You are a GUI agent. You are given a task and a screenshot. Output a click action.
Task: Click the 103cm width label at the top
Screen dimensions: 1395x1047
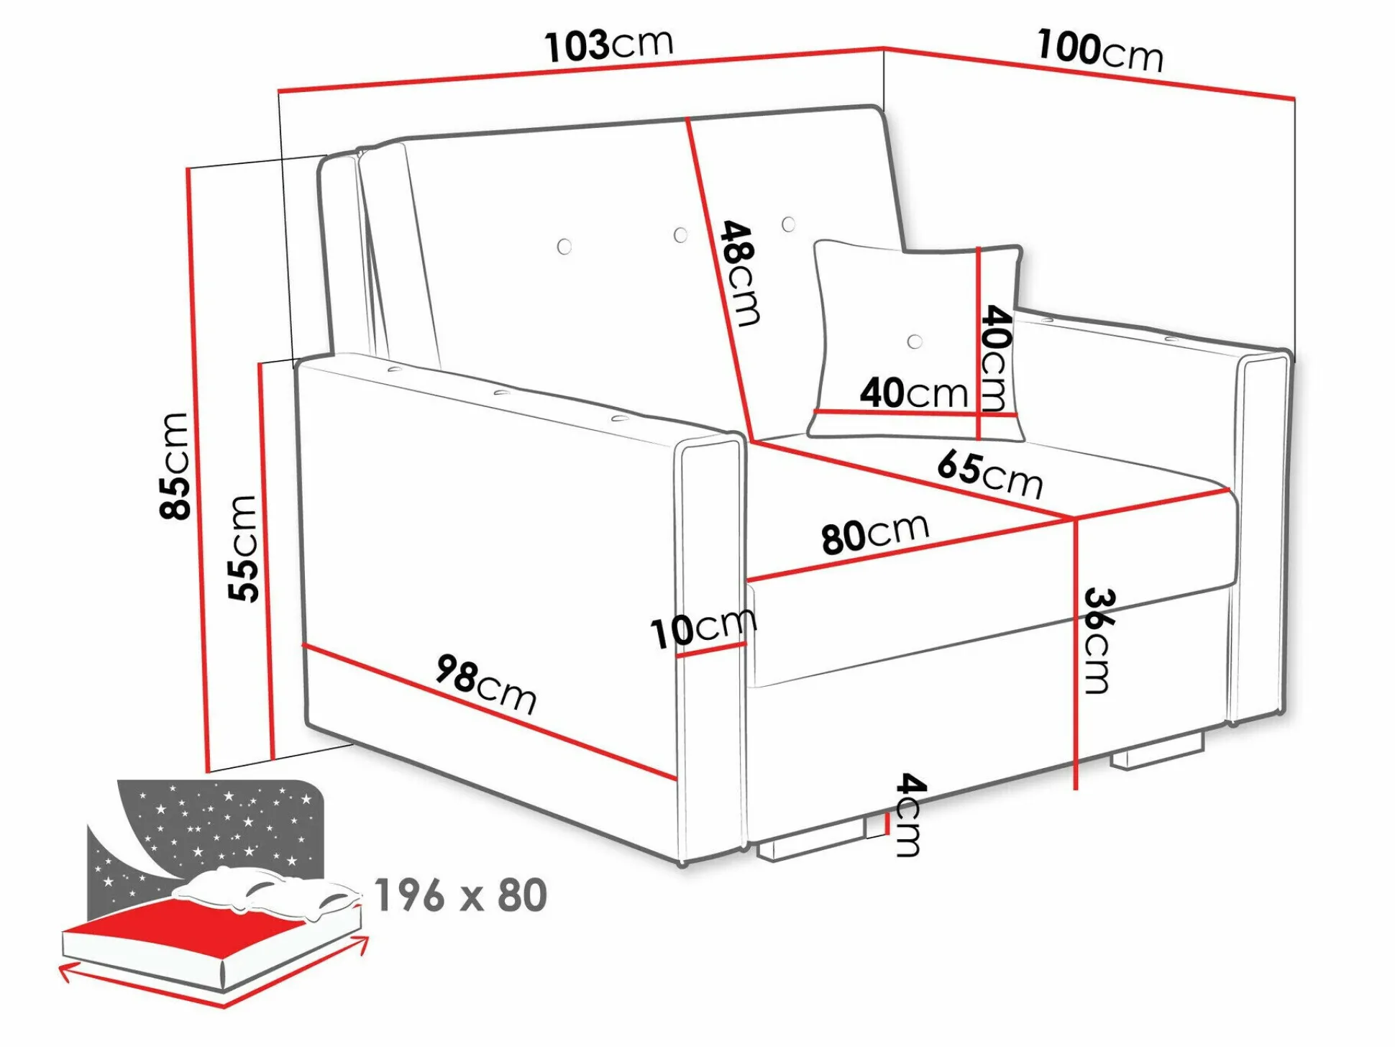tap(609, 45)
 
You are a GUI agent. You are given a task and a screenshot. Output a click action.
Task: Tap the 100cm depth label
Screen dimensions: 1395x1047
tap(1099, 50)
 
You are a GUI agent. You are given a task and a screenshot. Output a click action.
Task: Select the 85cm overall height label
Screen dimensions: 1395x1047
tap(175, 466)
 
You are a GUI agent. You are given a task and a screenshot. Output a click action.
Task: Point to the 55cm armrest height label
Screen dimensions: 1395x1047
tap(242, 548)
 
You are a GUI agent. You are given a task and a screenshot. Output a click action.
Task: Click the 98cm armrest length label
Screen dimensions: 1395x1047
tap(486, 684)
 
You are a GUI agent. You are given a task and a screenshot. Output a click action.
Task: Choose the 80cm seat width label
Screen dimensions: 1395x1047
tap(875, 534)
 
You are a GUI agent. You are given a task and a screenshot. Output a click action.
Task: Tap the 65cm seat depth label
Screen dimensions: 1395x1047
tap(990, 473)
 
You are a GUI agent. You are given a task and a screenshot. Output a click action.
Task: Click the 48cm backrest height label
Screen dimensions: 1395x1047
tap(740, 273)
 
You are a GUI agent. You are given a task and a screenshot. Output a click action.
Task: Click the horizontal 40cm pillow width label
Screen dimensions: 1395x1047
tap(914, 393)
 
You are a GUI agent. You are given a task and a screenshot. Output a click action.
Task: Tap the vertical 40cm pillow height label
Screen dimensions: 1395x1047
tap(995, 357)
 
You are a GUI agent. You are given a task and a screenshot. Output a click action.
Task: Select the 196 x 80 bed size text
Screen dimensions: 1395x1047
tap(461, 895)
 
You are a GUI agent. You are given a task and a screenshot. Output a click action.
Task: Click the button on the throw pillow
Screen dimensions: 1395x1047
tap(915, 342)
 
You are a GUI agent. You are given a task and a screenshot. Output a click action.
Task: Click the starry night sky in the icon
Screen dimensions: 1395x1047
tap(216, 827)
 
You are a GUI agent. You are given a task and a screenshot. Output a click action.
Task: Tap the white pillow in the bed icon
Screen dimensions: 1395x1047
tap(266, 892)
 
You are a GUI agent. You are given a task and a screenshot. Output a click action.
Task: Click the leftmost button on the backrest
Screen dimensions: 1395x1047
tap(564, 247)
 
